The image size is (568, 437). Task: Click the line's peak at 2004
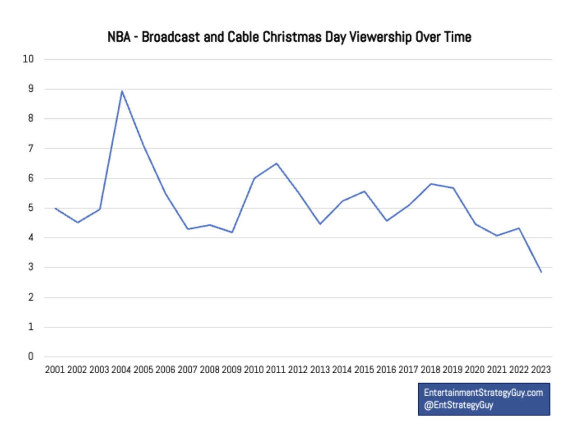[122, 91]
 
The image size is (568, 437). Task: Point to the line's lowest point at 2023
[541, 271]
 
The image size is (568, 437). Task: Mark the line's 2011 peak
[277, 163]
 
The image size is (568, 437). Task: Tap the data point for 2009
[232, 232]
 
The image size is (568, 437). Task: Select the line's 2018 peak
[431, 184]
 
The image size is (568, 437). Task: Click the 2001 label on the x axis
[55, 370]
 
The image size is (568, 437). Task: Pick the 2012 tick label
[298, 370]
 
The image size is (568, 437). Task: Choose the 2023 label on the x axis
[541, 370]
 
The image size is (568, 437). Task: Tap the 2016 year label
[386, 370]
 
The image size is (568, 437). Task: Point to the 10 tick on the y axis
[28, 59]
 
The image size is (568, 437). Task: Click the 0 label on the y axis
[31, 356]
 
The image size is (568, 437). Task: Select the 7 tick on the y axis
[31, 148]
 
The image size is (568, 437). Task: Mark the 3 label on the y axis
[31, 267]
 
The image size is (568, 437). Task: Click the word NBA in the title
[119, 37]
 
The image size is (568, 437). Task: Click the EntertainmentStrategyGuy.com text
[483, 393]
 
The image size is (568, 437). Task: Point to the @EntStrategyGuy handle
[459, 405]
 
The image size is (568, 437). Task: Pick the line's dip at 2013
[320, 224]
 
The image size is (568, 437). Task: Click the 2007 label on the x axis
[187, 370]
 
